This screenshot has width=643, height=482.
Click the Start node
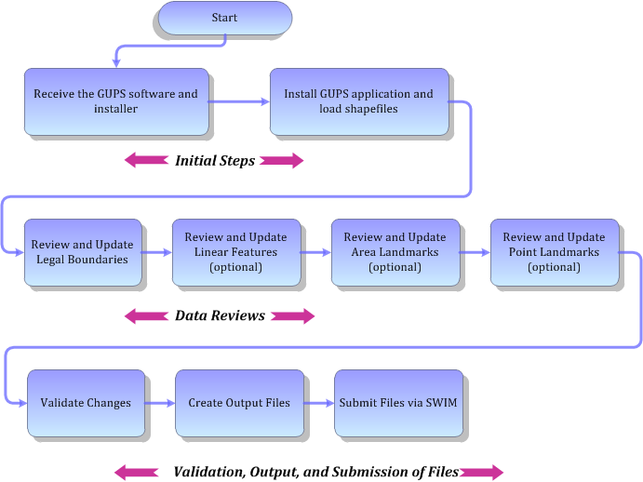point(224,18)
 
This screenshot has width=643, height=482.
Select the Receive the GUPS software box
point(116,100)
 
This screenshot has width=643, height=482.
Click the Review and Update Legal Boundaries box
point(82,252)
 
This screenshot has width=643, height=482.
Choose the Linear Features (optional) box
point(235,252)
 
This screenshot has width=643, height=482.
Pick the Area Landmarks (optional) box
point(395,252)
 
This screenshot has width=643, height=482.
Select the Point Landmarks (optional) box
point(554,252)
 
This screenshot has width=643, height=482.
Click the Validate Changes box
point(86,403)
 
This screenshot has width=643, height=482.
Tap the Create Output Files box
point(238,403)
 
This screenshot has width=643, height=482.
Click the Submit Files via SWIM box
point(396,403)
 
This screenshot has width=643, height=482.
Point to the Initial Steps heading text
point(215,161)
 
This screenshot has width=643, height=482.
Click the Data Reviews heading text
point(220,316)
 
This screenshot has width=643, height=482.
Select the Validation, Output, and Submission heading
point(315,472)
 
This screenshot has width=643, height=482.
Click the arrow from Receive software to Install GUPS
point(239,101)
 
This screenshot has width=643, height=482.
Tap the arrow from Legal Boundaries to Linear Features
point(156,252)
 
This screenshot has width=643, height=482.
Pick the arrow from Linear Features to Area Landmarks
point(315,252)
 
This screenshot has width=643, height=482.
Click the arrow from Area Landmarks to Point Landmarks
point(475,252)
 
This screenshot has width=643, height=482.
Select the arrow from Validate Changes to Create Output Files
point(160,403)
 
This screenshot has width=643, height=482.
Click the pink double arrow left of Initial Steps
point(144,161)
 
